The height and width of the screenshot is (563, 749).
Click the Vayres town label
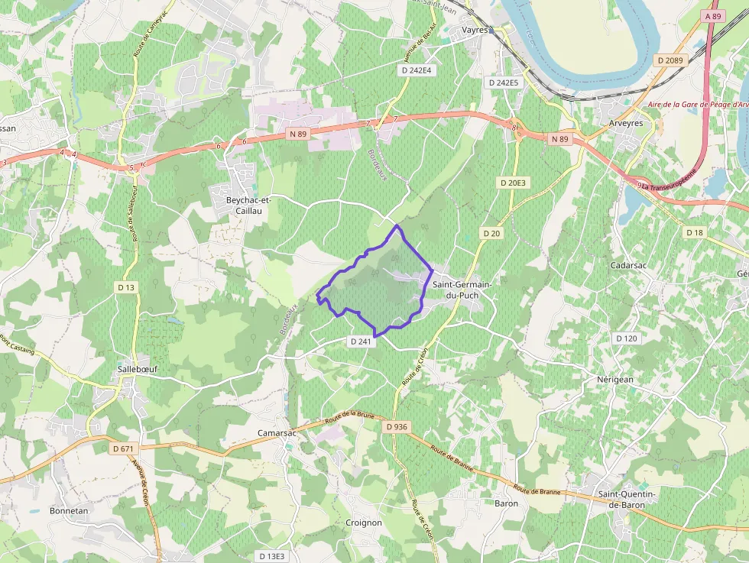pyautogui.click(x=475, y=30)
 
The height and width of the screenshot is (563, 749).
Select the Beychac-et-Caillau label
pyautogui.click(x=248, y=205)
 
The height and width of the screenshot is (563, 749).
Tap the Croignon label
pyautogui.click(x=364, y=523)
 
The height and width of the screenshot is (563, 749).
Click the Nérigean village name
pyautogui.click(x=615, y=379)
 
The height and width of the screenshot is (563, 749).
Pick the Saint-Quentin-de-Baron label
pyautogui.click(x=627, y=499)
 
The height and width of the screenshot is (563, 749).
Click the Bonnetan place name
pyautogui.click(x=69, y=510)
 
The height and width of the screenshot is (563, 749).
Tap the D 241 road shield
pyautogui.click(x=361, y=341)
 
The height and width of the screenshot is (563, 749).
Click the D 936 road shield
pyautogui.click(x=397, y=427)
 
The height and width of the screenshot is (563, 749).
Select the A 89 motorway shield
pyautogui.click(x=713, y=16)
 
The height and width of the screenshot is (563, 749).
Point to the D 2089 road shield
pyautogui.click(x=670, y=60)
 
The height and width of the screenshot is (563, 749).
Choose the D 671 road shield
pyautogui.click(x=122, y=448)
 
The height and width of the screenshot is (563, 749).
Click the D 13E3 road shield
pyautogui.click(x=271, y=556)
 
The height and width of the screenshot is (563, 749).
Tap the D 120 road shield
pyautogui.click(x=626, y=338)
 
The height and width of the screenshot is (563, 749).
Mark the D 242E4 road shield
pyautogui.click(x=417, y=70)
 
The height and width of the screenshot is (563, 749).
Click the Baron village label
pyautogui.click(x=506, y=503)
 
